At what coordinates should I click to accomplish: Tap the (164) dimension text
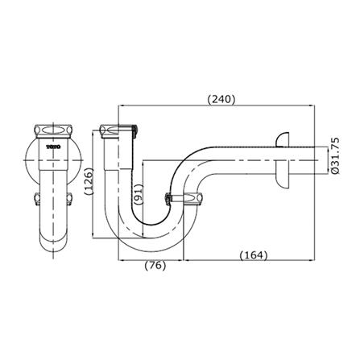tap(253, 255)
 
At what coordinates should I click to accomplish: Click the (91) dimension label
tap(139, 193)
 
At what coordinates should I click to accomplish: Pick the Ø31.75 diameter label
tap(331, 159)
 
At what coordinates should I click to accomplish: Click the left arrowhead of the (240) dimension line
tap(121, 105)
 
